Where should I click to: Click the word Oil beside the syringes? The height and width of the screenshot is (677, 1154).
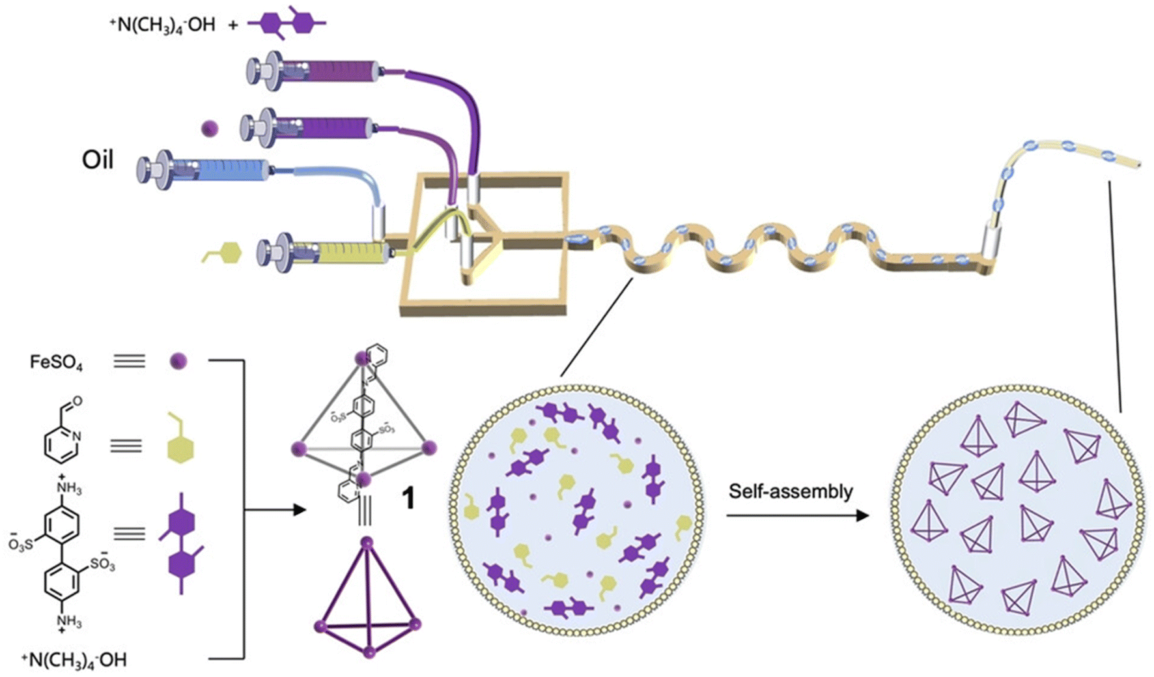click(x=98, y=160)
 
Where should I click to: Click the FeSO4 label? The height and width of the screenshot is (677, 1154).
click(x=56, y=362)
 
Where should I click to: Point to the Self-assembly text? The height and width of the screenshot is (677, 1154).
click(x=791, y=491)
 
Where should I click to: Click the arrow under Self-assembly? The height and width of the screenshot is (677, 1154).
click(x=797, y=516)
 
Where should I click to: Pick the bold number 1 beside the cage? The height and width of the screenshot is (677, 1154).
click(x=408, y=499)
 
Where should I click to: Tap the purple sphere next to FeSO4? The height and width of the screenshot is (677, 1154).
click(x=178, y=361)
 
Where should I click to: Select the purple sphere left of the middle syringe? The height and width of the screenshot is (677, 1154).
click(x=210, y=128)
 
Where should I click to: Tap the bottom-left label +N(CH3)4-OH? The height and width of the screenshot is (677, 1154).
click(x=74, y=660)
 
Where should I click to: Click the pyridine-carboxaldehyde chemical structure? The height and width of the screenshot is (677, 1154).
click(x=63, y=433)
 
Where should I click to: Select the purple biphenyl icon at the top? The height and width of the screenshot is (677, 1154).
click(x=287, y=23)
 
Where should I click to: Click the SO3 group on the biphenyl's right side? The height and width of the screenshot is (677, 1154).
click(x=102, y=563)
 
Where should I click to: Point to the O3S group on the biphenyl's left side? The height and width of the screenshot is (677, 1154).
click(x=21, y=543)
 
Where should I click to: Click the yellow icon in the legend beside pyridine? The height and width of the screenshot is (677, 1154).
click(x=180, y=442)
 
